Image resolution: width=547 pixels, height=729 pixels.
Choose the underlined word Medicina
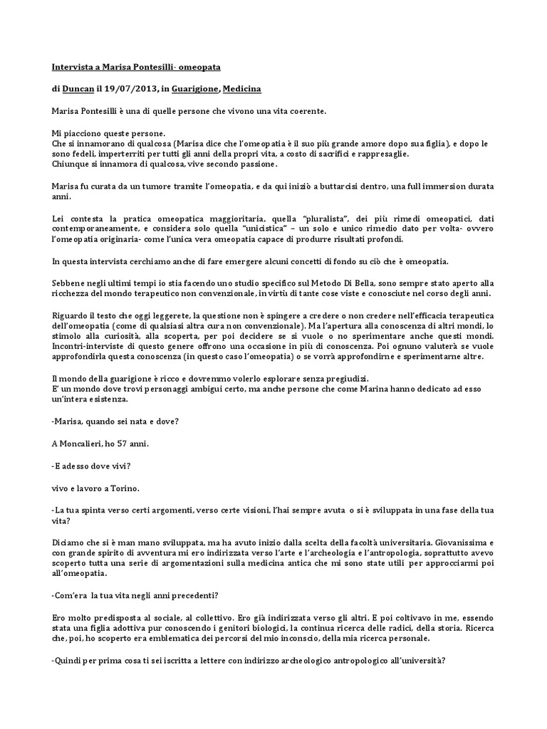pyautogui.click(x=242, y=89)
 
